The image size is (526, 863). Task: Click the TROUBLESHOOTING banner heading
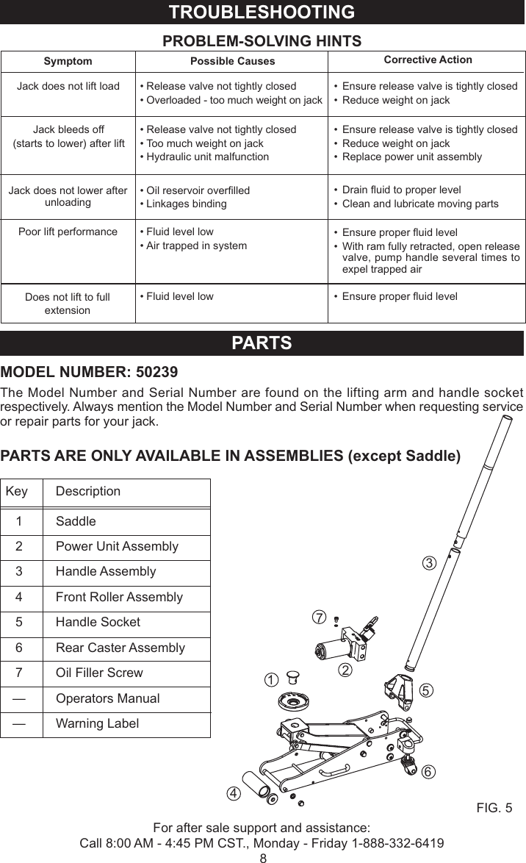tap(262, 12)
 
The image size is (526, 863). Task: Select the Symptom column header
tap(68, 62)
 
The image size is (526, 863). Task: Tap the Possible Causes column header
tap(232, 61)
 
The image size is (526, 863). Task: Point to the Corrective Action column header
tap(428, 60)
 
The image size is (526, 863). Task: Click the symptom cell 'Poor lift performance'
tap(68, 232)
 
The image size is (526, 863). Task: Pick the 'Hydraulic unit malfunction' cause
tap(206, 157)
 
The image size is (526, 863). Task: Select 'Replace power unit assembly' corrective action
tap(412, 157)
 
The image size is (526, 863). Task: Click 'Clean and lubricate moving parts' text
tap(420, 204)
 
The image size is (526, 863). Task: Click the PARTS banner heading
tap(262, 343)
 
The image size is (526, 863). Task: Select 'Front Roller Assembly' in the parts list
tap(119, 597)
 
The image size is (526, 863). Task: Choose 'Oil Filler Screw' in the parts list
tap(99, 673)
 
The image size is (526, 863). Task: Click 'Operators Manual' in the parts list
tap(107, 698)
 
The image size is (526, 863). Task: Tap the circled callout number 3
tap(430, 564)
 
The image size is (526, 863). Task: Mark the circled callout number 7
tap(318, 617)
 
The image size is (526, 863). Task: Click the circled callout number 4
tap(233, 794)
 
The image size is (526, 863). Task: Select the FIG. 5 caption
tap(494, 809)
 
